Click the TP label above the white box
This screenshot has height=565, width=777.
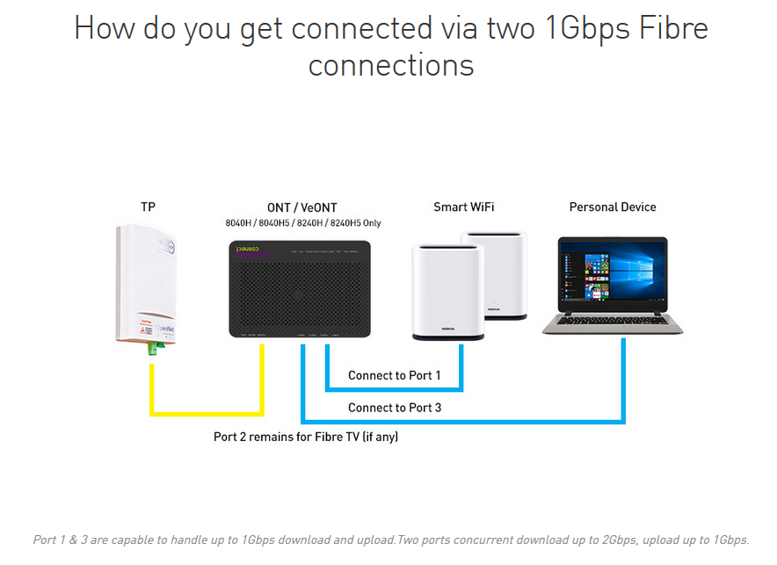pos(149,207)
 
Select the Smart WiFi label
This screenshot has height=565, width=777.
pos(463,207)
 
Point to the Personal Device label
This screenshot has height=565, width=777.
pos(613,207)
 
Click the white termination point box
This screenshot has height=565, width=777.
pos(149,286)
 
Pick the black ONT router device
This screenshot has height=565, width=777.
pos(299,290)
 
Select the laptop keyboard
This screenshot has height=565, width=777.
pos(613,319)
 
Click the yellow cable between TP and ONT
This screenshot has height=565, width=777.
pos(207,413)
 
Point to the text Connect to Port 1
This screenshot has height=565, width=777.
pos(395,375)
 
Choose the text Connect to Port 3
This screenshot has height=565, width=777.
pos(395,408)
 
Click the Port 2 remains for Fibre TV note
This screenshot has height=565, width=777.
pos(306,436)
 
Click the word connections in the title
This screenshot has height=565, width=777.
pos(391,65)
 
